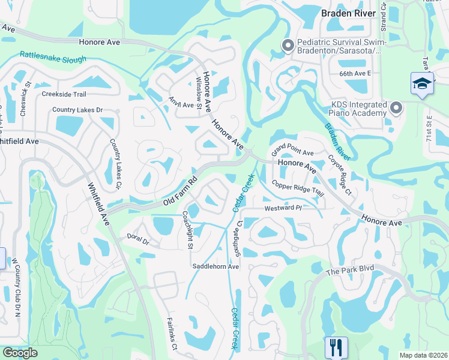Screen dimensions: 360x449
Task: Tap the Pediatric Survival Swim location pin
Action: point(288,46)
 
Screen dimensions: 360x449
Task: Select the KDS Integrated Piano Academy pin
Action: point(396,109)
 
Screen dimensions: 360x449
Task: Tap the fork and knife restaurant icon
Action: point(336,347)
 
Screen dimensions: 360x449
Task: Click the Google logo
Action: point(20,353)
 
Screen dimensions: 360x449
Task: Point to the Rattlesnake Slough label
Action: point(53,56)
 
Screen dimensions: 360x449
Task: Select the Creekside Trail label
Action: point(64,94)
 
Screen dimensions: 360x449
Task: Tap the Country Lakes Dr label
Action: point(77,110)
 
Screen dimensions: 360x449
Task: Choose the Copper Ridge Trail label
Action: point(298,188)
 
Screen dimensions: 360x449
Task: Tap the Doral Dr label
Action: point(137,241)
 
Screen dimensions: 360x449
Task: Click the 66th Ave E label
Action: point(355,73)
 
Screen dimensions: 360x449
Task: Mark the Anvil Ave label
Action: point(180,102)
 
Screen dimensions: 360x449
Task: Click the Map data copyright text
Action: point(424,355)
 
